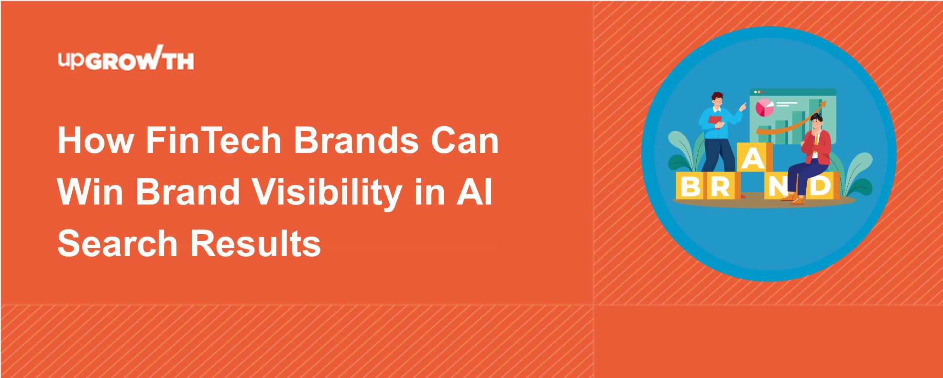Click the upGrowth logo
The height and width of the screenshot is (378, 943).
126,58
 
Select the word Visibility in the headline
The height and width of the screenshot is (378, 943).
327,192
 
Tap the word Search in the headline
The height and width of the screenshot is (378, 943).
118,244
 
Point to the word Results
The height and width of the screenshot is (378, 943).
256,244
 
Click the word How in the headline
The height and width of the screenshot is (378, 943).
96,140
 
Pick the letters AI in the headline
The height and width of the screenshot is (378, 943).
474,192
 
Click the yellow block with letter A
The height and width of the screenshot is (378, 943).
754,157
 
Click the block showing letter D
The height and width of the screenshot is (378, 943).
822,186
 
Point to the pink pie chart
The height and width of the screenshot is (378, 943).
765,108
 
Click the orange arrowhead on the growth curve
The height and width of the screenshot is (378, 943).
822,104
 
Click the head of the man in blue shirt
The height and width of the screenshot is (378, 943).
717,100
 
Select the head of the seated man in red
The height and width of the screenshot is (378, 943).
816,121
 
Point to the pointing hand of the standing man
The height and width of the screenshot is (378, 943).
743,107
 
